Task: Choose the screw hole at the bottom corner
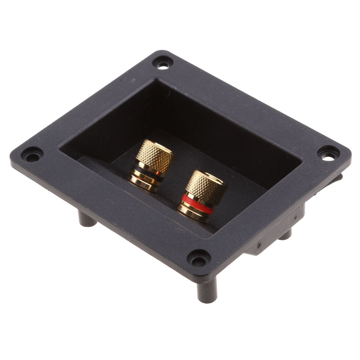199,259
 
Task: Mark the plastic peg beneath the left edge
86,220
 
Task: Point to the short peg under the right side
285,234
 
